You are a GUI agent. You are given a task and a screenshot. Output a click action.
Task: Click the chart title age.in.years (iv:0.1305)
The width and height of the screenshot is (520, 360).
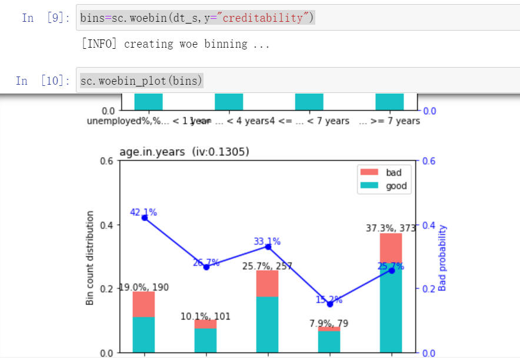pos(184,152)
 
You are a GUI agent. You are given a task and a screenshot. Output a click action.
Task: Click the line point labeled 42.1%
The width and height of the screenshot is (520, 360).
pos(144,218)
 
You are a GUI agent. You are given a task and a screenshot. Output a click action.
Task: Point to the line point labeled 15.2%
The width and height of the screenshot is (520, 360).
pos(329,304)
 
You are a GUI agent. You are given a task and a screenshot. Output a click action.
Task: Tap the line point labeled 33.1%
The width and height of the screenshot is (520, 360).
pos(268,246)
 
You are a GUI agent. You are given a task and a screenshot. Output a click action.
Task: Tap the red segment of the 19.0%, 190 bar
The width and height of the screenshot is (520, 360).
pos(144,304)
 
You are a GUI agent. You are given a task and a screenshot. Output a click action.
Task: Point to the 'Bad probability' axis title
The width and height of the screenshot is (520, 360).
pos(442,257)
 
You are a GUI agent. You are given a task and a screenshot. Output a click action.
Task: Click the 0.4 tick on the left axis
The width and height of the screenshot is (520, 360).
pos(107,225)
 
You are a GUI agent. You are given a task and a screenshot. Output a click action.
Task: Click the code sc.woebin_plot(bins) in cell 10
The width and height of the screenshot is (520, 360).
pos(141,80)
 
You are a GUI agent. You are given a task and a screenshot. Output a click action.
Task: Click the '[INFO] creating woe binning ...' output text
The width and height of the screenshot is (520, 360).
pos(176,44)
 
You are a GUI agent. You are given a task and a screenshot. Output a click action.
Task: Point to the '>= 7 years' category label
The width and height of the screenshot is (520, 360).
pos(389,121)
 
